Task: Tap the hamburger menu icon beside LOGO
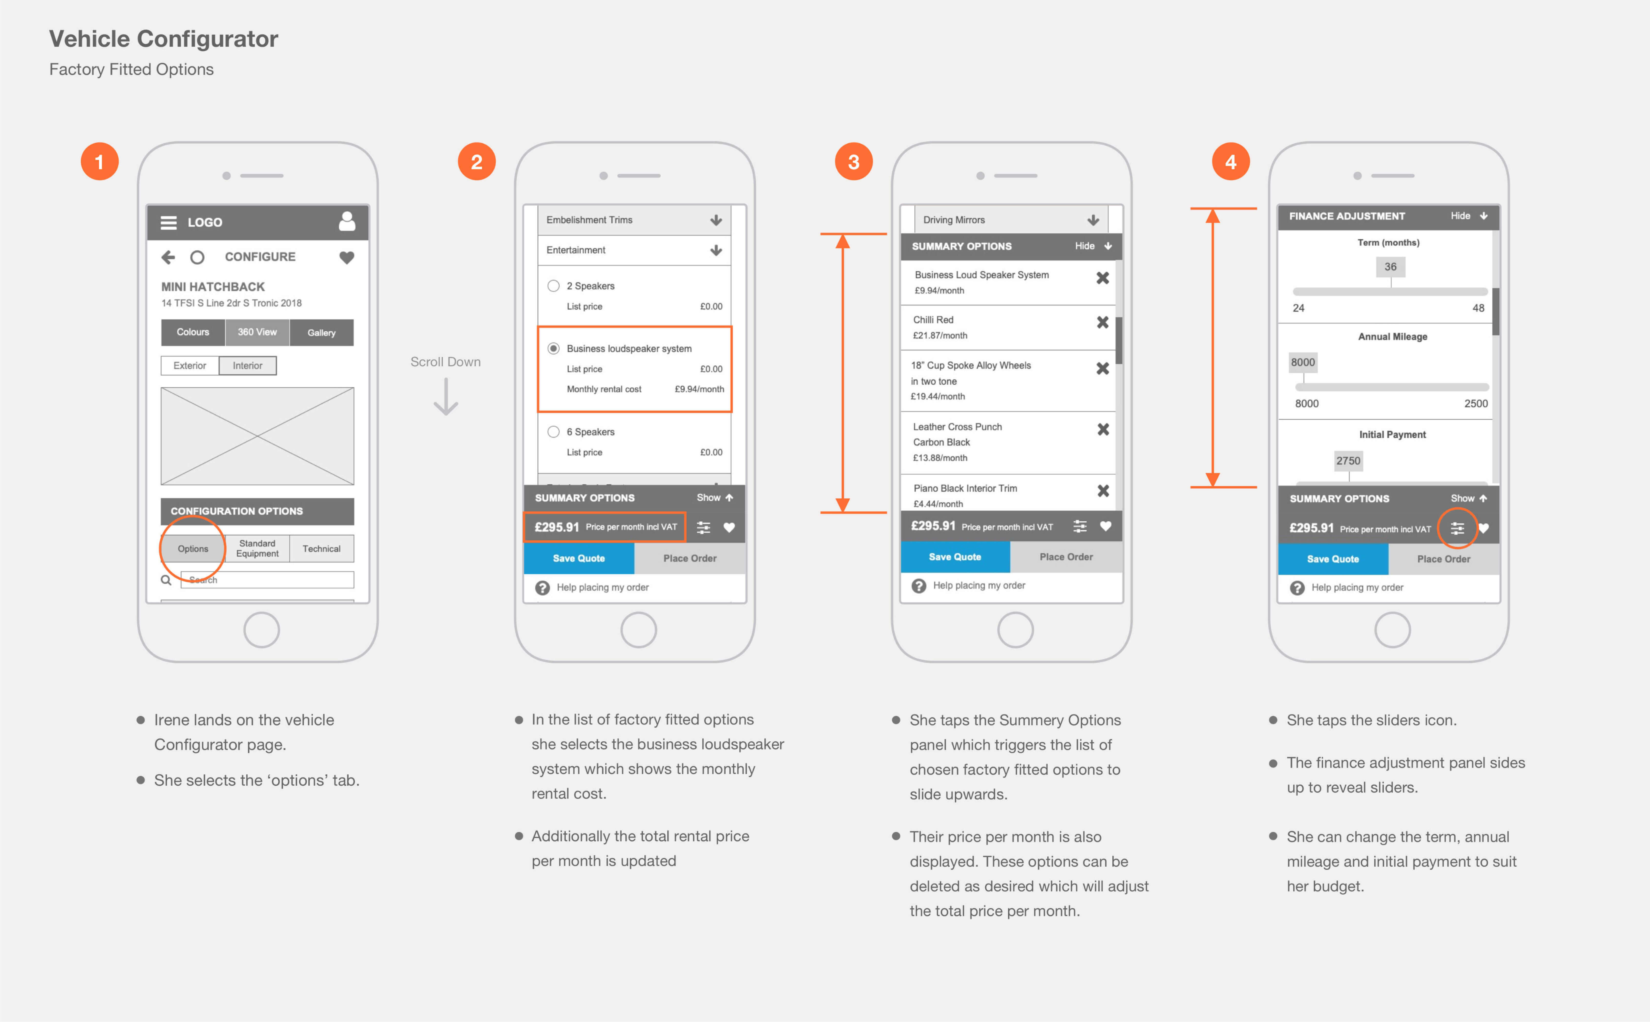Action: pos(168,222)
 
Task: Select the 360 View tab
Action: pos(257,332)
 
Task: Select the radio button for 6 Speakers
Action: pos(553,432)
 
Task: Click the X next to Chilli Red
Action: pos(1103,322)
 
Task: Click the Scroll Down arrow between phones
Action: pos(446,397)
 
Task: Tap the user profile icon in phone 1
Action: pos(347,221)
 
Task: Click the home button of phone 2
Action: pos(638,630)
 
